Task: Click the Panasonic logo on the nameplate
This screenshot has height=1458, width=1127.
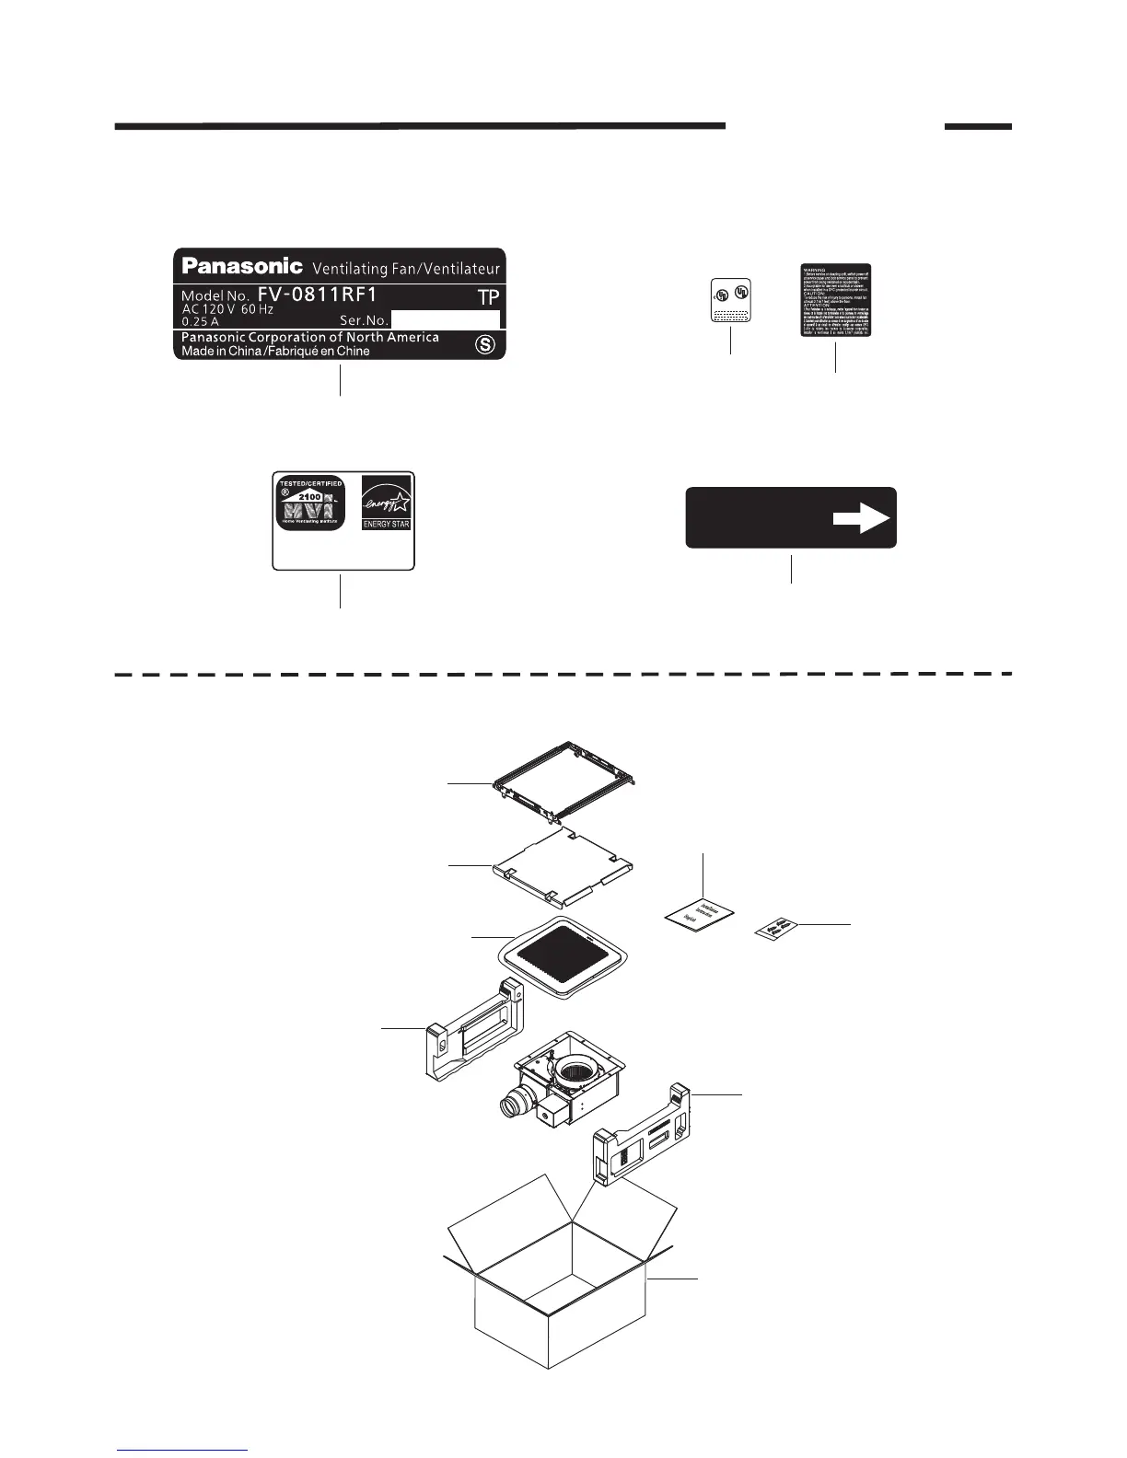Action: pyautogui.click(x=242, y=266)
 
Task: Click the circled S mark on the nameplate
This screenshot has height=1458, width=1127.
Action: pyautogui.click(x=483, y=345)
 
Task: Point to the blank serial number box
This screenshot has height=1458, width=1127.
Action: pyautogui.click(x=446, y=319)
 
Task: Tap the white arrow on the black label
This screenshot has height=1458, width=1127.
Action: pyautogui.click(x=861, y=518)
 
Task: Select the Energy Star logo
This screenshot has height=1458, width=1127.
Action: pyautogui.click(x=386, y=503)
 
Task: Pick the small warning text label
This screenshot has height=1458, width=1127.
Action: pyautogui.click(x=835, y=301)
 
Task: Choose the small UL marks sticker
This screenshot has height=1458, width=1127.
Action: pyautogui.click(x=731, y=301)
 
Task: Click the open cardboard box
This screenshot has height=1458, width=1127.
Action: pyautogui.click(x=560, y=1289)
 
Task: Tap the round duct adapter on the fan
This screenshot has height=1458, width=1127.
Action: pyautogui.click(x=512, y=1105)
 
